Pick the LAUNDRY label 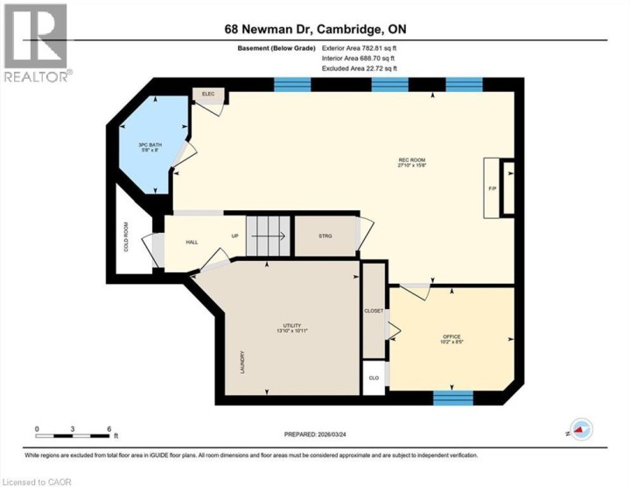[x=242, y=364]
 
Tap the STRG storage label [x=325, y=236]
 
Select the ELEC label [x=209, y=94]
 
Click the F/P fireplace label [x=492, y=187]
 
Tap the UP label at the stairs [x=234, y=236]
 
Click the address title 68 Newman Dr [x=314, y=29]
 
